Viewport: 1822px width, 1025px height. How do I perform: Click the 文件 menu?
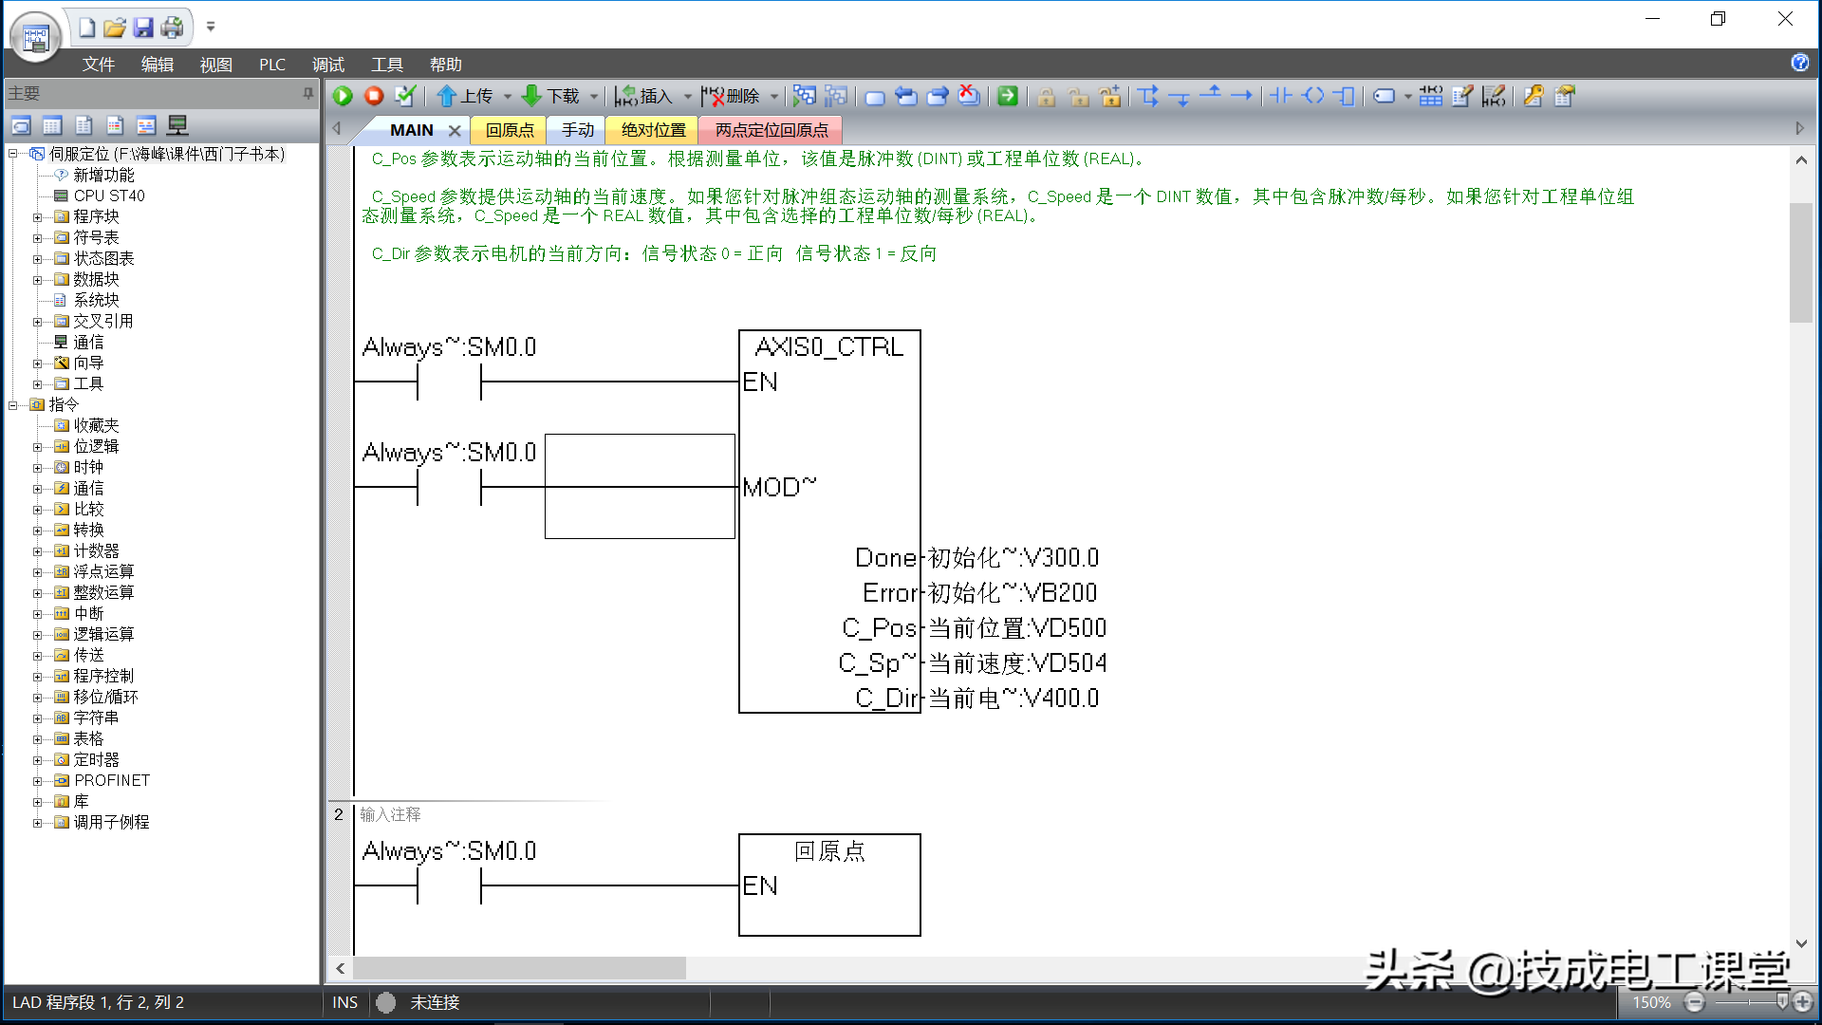coord(98,65)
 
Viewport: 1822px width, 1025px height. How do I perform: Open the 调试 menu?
coord(328,65)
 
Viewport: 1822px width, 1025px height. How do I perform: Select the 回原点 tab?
coord(510,130)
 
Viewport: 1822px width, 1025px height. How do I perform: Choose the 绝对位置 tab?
coord(653,130)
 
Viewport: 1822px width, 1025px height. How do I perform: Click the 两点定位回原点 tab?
coord(772,130)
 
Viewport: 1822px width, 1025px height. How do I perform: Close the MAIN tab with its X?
coord(455,131)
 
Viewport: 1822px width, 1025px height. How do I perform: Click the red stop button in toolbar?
coord(374,96)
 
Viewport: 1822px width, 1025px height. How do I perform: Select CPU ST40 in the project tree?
coord(109,196)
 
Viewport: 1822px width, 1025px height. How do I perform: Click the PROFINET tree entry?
coord(112,780)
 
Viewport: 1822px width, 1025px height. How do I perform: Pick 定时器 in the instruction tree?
coord(97,759)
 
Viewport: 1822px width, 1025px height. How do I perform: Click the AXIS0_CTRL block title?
coord(829,347)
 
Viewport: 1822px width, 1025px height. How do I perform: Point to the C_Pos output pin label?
coord(879,628)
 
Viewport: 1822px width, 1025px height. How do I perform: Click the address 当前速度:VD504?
coord(1017,663)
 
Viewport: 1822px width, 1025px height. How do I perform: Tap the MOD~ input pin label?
coord(779,487)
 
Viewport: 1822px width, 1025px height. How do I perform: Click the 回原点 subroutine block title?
coord(829,851)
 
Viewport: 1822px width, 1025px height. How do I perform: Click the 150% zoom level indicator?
coord(1651,1002)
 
